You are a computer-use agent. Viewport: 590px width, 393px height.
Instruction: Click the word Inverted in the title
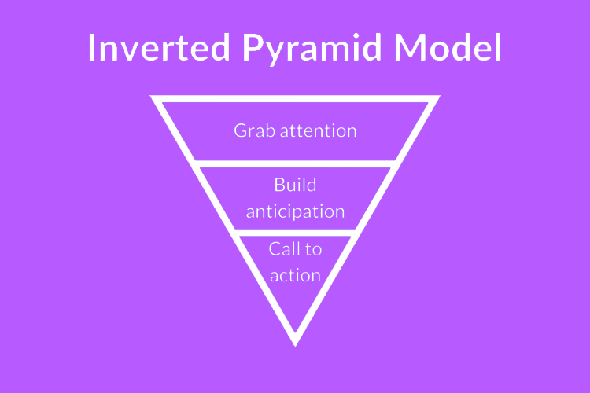click(x=159, y=47)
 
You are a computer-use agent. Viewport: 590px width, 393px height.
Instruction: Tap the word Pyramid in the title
click(x=312, y=50)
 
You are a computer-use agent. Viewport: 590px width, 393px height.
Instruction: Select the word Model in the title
click(x=448, y=47)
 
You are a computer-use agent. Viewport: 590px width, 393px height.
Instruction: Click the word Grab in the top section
click(x=254, y=131)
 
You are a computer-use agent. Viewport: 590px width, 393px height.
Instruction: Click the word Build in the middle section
click(x=295, y=185)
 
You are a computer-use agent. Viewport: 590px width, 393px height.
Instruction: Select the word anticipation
click(x=295, y=212)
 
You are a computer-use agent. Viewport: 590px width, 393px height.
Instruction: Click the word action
click(x=295, y=276)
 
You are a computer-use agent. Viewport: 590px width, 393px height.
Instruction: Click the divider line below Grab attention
click(x=295, y=164)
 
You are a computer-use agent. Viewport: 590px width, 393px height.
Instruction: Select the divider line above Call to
click(x=295, y=233)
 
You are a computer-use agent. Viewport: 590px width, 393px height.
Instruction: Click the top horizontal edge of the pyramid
click(x=295, y=99)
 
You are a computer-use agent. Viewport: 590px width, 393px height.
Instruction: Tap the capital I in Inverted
click(x=90, y=47)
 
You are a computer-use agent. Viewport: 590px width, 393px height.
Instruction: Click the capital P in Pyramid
click(x=253, y=47)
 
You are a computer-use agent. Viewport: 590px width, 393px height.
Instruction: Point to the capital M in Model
click(x=409, y=47)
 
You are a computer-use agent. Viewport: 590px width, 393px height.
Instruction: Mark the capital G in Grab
click(x=241, y=131)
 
